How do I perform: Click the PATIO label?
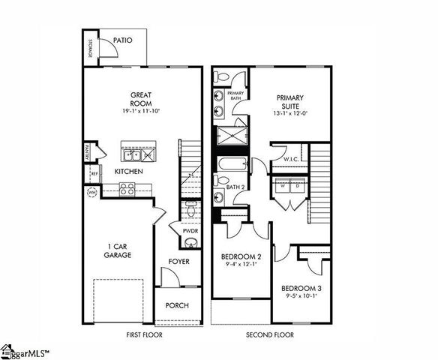pos(124,40)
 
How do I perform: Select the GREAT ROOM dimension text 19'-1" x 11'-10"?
pos(141,111)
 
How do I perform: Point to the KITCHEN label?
pos(129,172)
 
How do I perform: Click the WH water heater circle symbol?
pos(93,193)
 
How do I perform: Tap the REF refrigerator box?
pos(94,175)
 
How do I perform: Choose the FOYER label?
pos(178,262)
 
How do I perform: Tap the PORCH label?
pos(178,305)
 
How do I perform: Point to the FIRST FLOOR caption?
pos(143,334)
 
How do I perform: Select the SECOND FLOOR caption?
pos(270,334)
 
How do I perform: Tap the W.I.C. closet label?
pos(292,159)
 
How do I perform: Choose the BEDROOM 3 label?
pos(301,288)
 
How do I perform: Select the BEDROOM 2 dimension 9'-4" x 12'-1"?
pos(241,262)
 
